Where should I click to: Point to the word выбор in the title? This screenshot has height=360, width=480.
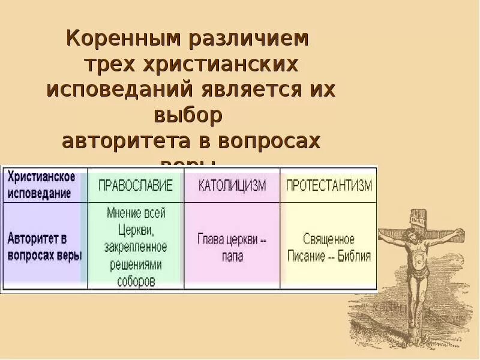pyautogui.click(x=191, y=115)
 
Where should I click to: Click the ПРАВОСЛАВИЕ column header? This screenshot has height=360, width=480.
pyautogui.click(x=136, y=185)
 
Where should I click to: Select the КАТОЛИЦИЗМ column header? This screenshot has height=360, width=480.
pyautogui.click(x=232, y=185)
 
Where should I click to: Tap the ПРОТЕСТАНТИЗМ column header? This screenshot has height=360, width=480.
pyautogui.click(x=329, y=185)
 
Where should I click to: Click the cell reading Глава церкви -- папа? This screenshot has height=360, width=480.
pyautogui.click(x=232, y=247)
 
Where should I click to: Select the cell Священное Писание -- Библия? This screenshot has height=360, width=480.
pyautogui.click(x=329, y=248)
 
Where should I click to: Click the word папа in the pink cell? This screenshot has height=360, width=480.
pyautogui.click(x=232, y=256)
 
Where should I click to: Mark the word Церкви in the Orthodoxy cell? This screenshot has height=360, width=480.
pyautogui.click(x=136, y=229)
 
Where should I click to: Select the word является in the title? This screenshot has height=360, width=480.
pyautogui.click(x=241, y=89)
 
